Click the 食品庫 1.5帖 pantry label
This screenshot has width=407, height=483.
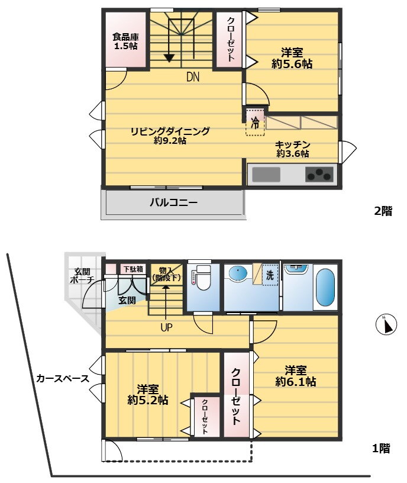point(125,41)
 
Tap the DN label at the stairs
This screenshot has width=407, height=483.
point(193,77)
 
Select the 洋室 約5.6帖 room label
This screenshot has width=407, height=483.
point(292,58)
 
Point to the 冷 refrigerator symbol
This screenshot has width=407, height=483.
point(255,123)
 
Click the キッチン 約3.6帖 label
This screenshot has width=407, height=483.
point(292,149)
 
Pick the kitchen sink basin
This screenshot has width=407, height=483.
point(266,175)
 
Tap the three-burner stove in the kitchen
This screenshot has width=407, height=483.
point(319,175)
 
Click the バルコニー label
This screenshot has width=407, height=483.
point(174,202)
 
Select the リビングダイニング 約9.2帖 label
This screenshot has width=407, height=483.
point(170,136)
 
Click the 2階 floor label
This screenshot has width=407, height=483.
point(383,211)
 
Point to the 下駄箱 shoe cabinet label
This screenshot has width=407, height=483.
point(133,269)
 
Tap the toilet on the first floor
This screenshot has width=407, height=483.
point(203,278)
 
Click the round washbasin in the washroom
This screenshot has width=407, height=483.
point(238,273)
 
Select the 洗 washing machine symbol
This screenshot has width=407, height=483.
point(270,275)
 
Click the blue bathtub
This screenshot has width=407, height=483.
point(325,287)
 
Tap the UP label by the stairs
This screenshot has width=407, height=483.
point(166,327)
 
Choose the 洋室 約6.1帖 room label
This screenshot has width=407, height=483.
point(296,376)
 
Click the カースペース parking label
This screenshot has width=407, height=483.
point(63,378)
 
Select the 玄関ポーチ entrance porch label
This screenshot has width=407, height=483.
point(82,276)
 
